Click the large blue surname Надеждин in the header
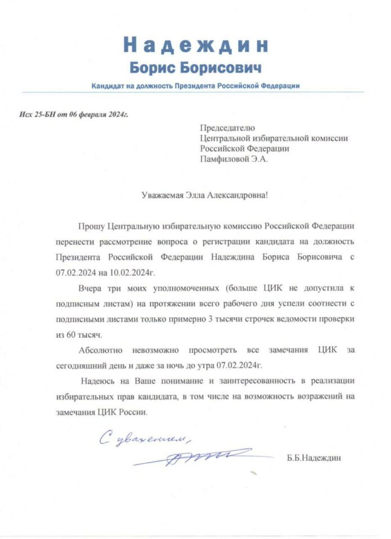tap(195, 45)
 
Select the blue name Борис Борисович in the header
tap(195, 68)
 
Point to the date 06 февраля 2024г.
tap(99, 115)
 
